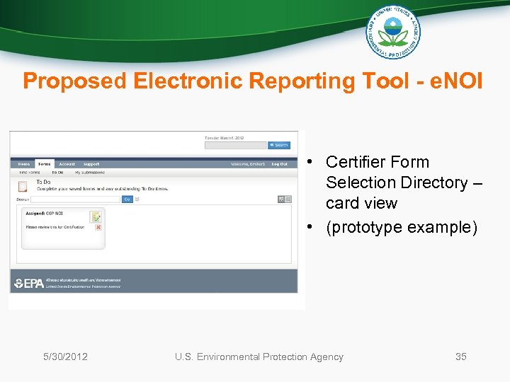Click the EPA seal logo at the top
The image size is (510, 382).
(392, 32)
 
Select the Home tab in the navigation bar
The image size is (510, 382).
(24, 164)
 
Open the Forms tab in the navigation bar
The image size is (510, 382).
(45, 164)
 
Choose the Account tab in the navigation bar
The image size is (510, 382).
(67, 164)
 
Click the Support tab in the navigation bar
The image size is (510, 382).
(91, 164)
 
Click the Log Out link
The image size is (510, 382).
(279, 164)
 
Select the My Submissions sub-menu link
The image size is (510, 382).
(90, 172)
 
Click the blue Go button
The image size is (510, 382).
(127, 199)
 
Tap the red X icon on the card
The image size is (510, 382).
(98, 227)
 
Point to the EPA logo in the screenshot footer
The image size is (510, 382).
(28, 283)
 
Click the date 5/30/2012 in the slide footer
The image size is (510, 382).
(65, 357)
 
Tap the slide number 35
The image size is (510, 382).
(460, 357)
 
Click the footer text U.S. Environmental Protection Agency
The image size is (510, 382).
(259, 357)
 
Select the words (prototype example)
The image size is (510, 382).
(402, 227)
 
